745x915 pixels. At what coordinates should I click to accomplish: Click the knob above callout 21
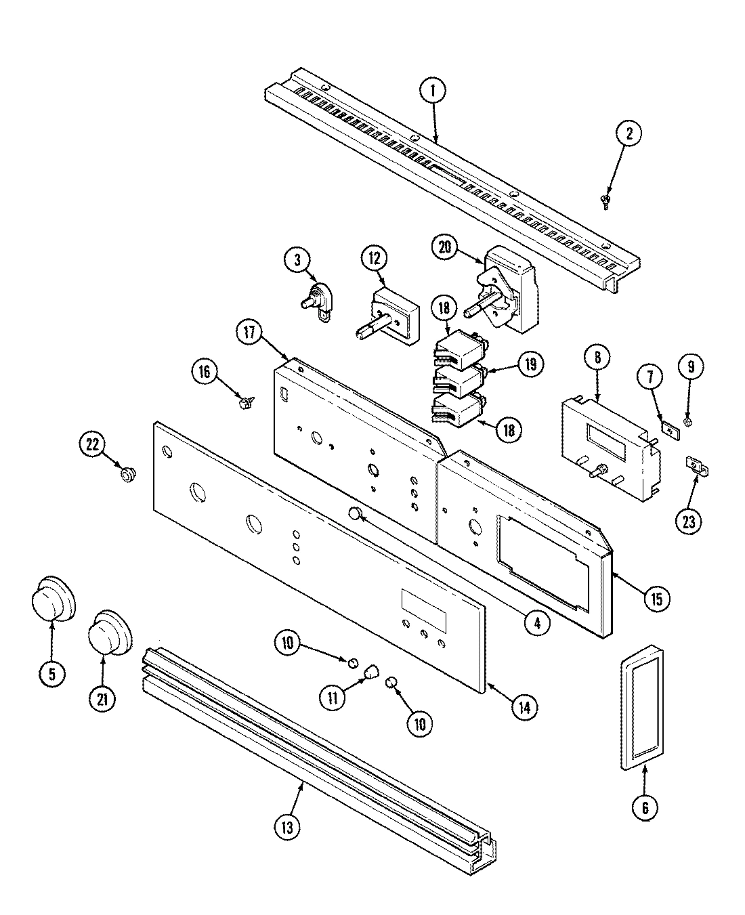108,633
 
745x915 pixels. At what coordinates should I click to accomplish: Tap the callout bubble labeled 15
655,598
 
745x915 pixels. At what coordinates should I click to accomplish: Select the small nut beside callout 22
126,474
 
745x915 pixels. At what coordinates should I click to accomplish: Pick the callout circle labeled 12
375,258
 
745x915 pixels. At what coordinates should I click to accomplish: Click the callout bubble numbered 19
530,364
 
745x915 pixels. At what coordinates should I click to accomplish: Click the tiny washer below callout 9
688,422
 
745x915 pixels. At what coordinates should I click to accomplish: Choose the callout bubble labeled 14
526,708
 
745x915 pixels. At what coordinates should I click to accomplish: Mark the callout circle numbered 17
250,333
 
